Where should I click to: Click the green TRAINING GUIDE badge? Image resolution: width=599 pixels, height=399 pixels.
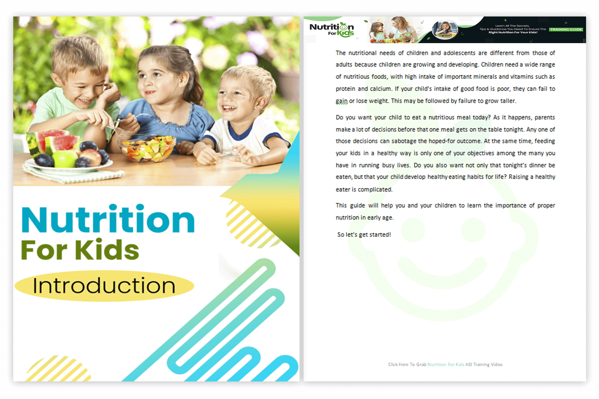566,29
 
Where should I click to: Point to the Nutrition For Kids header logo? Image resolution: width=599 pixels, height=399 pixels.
332,30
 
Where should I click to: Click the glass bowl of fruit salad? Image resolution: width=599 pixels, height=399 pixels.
147,148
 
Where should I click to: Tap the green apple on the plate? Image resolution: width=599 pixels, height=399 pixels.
65,159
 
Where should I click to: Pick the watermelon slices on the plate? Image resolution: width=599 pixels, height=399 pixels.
52,143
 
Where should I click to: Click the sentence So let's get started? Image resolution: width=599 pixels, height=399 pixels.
364,234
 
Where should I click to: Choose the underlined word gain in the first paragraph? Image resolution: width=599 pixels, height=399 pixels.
342,101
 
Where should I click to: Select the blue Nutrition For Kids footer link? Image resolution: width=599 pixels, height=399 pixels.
446,364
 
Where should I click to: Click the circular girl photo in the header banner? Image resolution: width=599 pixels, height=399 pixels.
445,29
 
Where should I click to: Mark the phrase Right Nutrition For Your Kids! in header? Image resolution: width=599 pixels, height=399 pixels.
513,32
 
